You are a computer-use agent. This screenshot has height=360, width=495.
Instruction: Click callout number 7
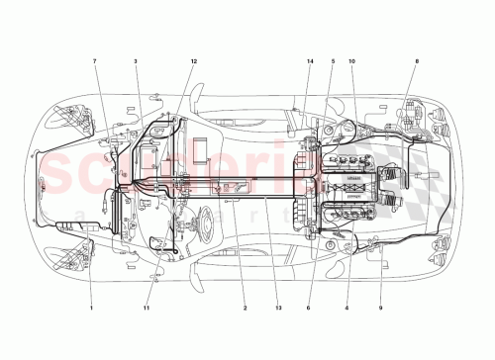(95, 62)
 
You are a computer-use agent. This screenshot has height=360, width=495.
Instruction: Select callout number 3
(136, 62)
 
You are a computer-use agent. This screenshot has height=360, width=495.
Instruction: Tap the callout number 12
(194, 62)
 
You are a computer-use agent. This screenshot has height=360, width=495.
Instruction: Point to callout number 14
(310, 62)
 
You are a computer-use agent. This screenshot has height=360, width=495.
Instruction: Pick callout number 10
(351, 62)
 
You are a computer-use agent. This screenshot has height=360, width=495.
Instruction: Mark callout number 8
(417, 62)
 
